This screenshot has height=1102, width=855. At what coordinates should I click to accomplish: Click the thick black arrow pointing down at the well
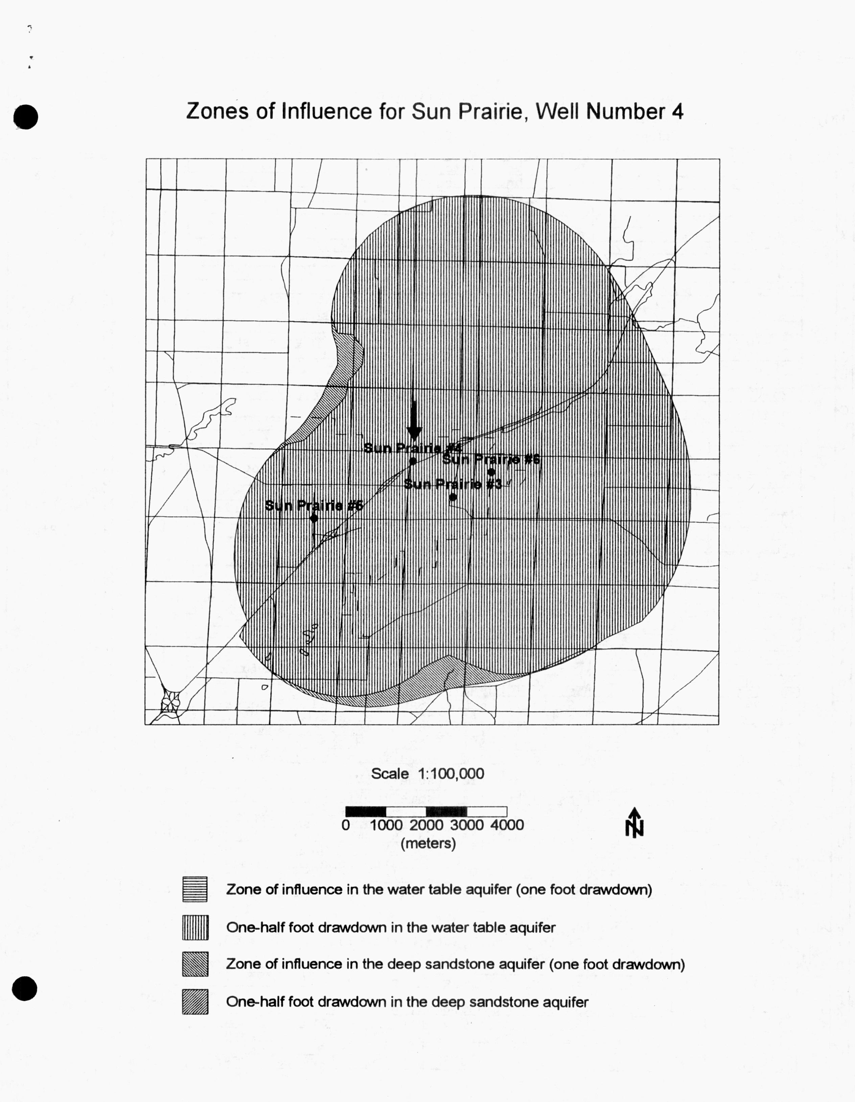tap(414, 420)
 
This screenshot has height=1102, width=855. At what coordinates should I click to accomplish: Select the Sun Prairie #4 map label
tap(412, 448)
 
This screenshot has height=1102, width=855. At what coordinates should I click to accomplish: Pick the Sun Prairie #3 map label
tap(453, 484)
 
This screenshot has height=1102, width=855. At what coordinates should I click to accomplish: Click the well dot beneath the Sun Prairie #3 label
tap(453, 497)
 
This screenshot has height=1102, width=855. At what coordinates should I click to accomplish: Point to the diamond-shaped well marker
tap(314, 518)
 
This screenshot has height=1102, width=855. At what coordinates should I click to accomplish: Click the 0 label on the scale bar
tap(346, 825)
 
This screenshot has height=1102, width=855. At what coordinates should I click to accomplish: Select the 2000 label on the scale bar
tap(426, 825)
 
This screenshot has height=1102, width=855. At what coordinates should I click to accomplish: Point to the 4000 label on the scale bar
tap(507, 825)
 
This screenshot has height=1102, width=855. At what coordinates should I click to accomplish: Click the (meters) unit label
tap(428, 843)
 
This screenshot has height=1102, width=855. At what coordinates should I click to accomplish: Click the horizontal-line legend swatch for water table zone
tap(195, 889)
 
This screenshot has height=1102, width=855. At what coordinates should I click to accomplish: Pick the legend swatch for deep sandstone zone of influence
tap(195, 964)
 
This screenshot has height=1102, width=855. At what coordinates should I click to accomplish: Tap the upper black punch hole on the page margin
tap(25, 117)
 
